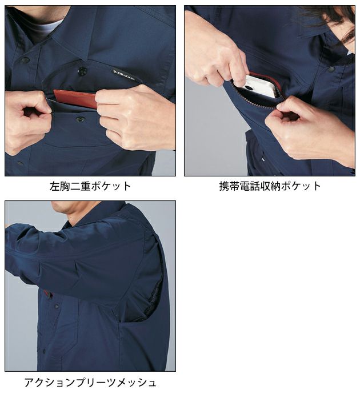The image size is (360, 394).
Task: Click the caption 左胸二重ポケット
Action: point(90,186)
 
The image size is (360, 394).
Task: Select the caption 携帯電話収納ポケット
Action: point(270,186)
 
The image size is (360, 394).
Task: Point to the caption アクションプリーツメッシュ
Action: point(90,382)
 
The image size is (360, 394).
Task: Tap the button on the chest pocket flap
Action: point(82,71)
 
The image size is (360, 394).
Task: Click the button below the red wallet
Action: point(79,119)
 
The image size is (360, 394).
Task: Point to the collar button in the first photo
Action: point(25,59)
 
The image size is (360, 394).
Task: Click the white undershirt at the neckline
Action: point(46,26)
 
